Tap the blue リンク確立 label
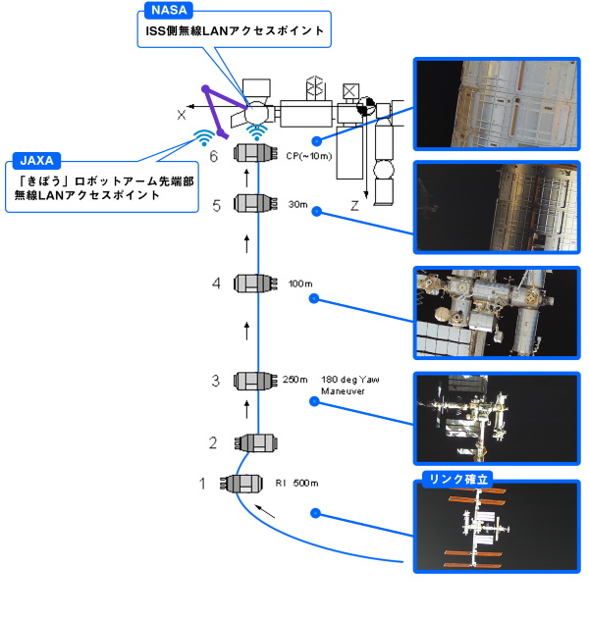458,480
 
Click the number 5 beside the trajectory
217,204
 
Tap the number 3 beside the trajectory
215,381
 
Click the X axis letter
182,115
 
